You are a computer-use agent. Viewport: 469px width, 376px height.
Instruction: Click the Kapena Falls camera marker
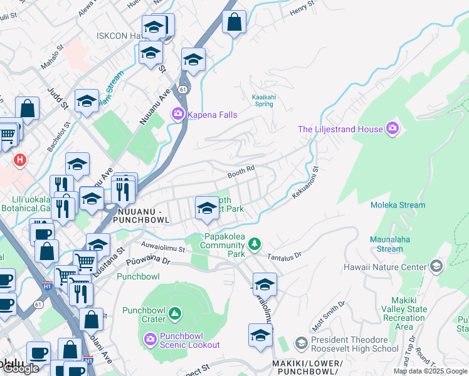point(177,113)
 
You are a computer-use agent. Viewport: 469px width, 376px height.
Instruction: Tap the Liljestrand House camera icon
point(393,129)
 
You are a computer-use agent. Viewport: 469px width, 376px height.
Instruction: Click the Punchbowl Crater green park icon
point(175,311)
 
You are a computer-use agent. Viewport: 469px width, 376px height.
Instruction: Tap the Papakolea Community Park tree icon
point(254,244)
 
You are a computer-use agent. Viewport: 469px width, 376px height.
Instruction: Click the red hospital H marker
point(20,160)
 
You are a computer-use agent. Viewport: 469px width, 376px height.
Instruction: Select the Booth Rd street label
point(241,169)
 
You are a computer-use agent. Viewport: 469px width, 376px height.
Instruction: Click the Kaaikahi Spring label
point(264,100)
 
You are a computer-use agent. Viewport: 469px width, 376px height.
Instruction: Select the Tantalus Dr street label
point(285,256)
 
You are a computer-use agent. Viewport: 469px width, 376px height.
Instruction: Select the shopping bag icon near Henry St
point(234,23)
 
